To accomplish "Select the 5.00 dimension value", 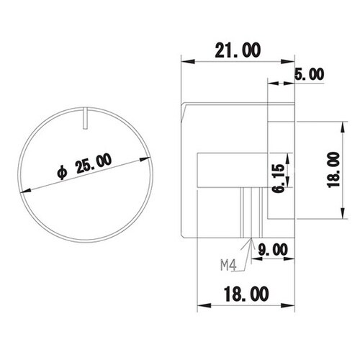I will (x=310, y=74).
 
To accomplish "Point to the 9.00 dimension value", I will (x=272, y=249).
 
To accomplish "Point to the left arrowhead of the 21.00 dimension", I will (x=183, y=61).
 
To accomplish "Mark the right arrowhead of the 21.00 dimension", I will (x=291, y=61).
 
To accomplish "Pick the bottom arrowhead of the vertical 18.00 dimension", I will (x=340, y=215).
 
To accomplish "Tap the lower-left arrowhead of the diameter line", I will (x=26, y=189).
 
